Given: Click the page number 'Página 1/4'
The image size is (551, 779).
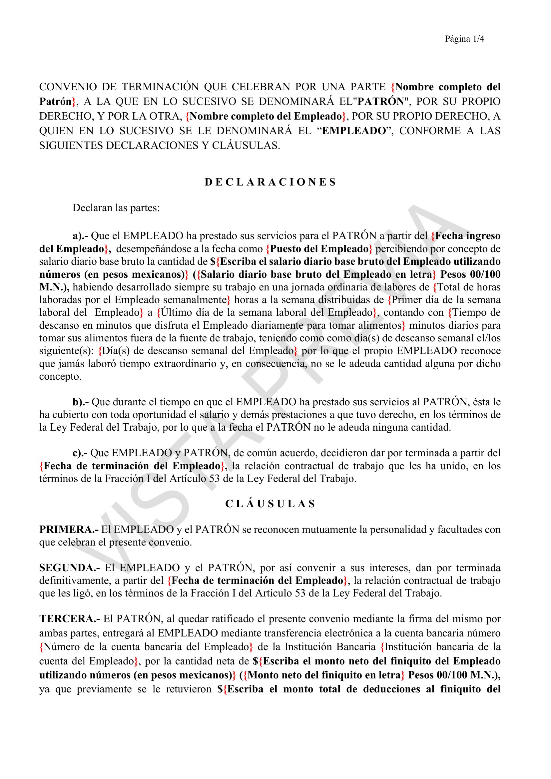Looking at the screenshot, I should pyautogui.click(x=464, y=39).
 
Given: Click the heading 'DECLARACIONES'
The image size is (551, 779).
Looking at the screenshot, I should pyautogui.click(x=271, y=182).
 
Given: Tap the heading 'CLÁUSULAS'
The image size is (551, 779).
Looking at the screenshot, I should pyautogui.click(x=271, y=504).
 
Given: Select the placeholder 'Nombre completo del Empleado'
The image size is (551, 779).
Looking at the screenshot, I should pyautogui.click(x=266, y=116).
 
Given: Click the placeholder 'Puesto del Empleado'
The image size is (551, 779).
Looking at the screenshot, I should pyautogui.click(x=319, y=249).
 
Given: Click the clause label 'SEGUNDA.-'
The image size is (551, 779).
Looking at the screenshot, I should pyautogui.click(x=69, y=568).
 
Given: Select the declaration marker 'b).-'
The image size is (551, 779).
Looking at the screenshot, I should pyautogui.click(x=81, y=402).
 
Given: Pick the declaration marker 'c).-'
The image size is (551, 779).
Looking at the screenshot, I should pyautogui.click(x=80, y=453).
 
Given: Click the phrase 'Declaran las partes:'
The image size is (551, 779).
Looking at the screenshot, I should pyautogui.click(x=116, y=207).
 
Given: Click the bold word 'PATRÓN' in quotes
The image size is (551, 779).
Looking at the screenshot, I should pyautogui.click(x=381, y=102).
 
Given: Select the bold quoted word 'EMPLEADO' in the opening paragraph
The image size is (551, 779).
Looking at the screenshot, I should pyautogui.click(x=354, y=131).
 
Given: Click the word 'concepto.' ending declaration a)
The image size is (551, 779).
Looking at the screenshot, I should pyautogui.click(x=60, y=376).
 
